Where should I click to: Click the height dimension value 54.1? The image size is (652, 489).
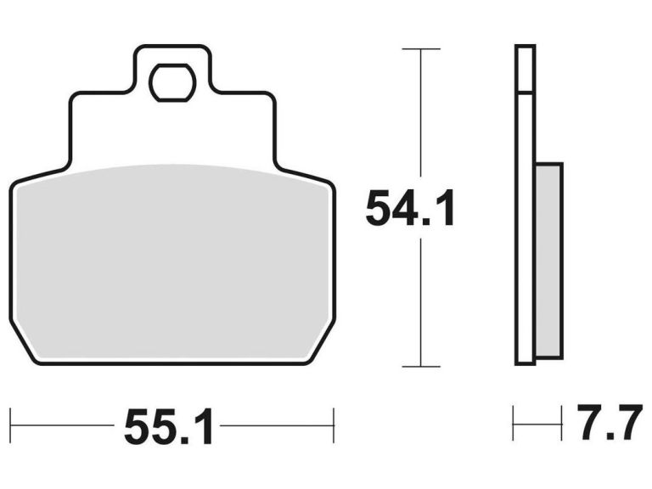(411, 209)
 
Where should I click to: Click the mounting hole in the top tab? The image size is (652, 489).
(172, 82)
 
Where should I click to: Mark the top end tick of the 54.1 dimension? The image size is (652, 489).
(420, 49)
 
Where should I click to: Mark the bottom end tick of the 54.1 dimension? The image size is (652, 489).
(420, 367)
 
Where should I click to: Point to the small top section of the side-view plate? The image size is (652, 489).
(526, 68)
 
